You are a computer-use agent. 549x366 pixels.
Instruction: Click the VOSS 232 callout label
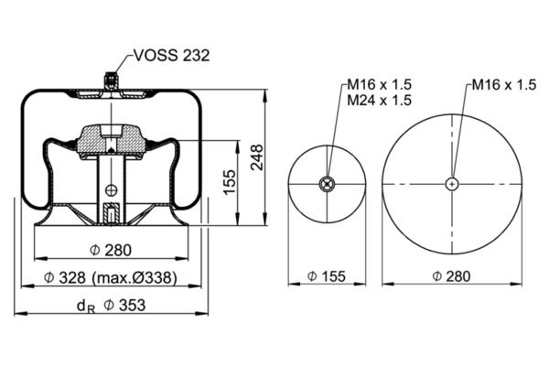(x=172, y=55)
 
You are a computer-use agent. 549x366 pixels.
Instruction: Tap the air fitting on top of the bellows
(x=112, y=81)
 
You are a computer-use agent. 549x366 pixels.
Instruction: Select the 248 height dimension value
(x=257, y=157)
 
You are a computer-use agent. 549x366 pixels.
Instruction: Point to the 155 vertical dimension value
(x=230, y=182)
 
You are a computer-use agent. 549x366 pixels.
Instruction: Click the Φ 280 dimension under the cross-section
(x=111, y=250)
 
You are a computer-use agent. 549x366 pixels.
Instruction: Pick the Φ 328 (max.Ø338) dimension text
(x=111, y=277)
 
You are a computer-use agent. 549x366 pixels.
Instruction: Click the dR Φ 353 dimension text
(x=111, y=306)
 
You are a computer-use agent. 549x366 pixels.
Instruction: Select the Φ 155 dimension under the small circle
(x=327, y=276)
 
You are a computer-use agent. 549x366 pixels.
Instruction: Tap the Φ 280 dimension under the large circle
(x=451, y=276)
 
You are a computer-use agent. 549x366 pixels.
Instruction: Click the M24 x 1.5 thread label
(x=379, y=100)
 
